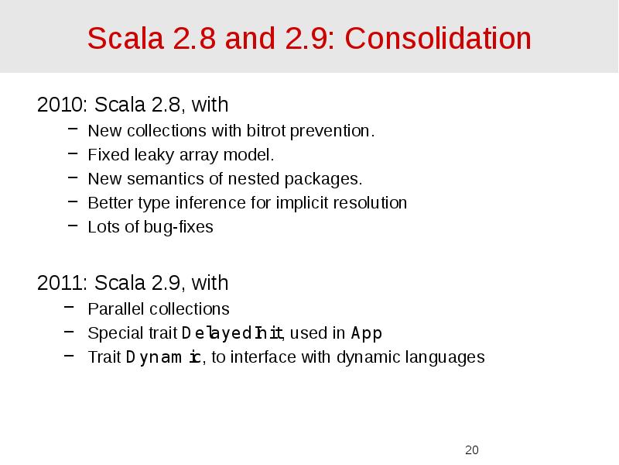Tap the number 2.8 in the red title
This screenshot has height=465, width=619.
pos(195,38)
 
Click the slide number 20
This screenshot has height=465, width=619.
pos(472,450)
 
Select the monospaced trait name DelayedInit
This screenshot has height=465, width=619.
pos(233,333)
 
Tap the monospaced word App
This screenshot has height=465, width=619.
pos(366,333)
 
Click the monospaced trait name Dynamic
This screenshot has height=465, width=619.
pos(163,357)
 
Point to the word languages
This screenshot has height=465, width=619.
pos(446,357)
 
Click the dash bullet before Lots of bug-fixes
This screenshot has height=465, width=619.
pos(71,227)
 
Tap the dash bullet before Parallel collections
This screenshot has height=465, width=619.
pos(71,308)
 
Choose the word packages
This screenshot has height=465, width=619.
pos(323,179)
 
